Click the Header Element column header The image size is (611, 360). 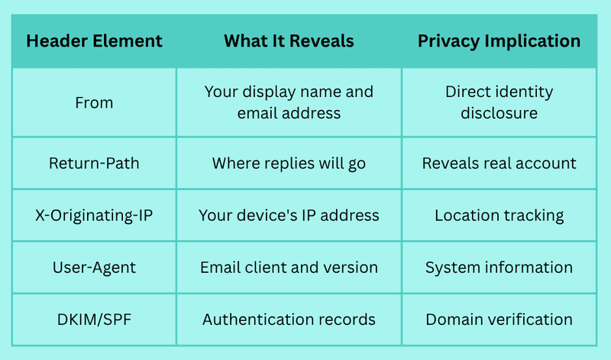click(x=94, y=41)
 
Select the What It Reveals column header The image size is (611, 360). click(x=289, y=41)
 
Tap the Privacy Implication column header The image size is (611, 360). click(x=499, y=41)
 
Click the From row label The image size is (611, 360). click(x=94, y=102)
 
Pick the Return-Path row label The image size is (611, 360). click(x=94, y=163)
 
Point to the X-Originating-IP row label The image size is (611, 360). click(x=94, y=216)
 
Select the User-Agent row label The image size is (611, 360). click(x=94, y=268)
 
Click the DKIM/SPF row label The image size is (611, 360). click(x=94, y=319)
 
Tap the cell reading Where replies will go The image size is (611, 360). click(x=289, y=164)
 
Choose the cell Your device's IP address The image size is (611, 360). click(x=289, y=216)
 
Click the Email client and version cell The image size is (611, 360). click(x=289, y=268)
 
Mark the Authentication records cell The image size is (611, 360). click(x=289, y=319)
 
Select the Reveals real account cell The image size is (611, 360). click(x=499, y=163)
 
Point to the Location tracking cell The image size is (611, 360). click(x=499, y=216)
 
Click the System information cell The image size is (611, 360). click(x=499, y=268)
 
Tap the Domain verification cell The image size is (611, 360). click(x=499, y=319)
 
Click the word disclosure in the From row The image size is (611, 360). click(x=499, y=113)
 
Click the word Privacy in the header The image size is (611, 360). click(x=448, y=41)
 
